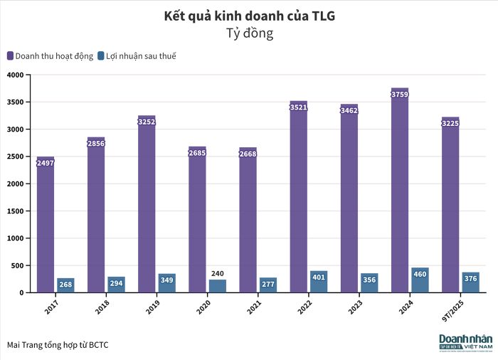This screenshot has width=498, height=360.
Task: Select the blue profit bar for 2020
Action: pos(218,286)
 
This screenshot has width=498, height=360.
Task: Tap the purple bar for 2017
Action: pos(46,228)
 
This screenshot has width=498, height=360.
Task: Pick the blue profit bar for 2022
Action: pos(319,282)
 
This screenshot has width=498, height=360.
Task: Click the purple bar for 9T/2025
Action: pos(450,206)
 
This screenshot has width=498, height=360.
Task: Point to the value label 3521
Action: pos(299,107)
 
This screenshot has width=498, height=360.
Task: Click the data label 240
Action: pos(218,273)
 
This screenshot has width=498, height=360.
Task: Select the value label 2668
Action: pos(248,154)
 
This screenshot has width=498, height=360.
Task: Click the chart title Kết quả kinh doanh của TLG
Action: pos(249,16)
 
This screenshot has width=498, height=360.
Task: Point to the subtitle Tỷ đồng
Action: pos(249,33)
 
